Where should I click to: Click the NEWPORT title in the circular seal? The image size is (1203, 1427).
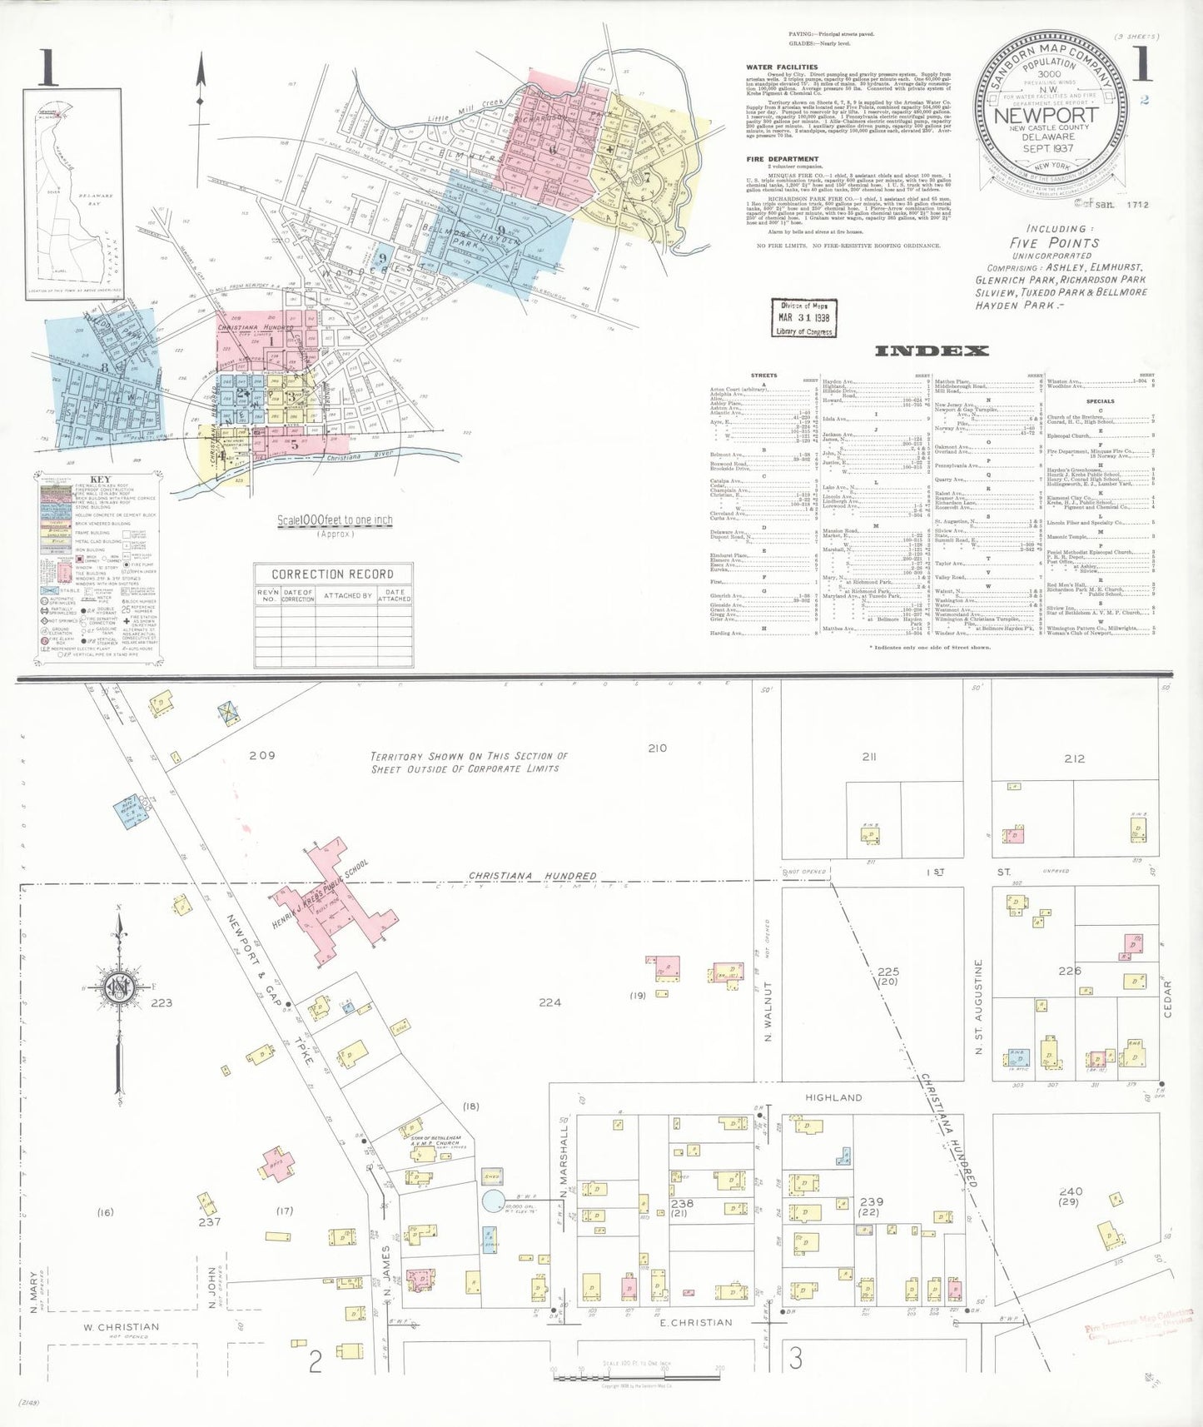[x=1046, y=116]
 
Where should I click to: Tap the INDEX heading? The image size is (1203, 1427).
[x=931, y=351]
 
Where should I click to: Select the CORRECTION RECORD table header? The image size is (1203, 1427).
[x=332, y=574]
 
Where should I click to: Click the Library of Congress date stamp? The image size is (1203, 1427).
[x=803, y=317]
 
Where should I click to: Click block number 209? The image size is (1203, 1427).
[x=261, y=755]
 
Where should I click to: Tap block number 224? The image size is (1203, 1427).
[x=549, y=1002]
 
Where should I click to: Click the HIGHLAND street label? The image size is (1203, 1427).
[x=833, y=1097]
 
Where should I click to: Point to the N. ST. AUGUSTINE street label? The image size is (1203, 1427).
[x=979, y=1007]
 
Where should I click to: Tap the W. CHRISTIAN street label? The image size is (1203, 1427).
[x=121, y=1327]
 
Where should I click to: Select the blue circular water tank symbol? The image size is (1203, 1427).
[x=493, y=1200]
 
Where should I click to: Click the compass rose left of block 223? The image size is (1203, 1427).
[x=119, y=988]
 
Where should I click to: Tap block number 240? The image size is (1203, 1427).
[x=1071, y=1191]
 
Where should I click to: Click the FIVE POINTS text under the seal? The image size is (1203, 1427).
[x=1054, y=242]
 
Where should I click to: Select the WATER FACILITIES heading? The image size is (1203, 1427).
[x=782, y=67]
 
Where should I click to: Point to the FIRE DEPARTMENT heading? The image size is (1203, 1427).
[x=783, y=158]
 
